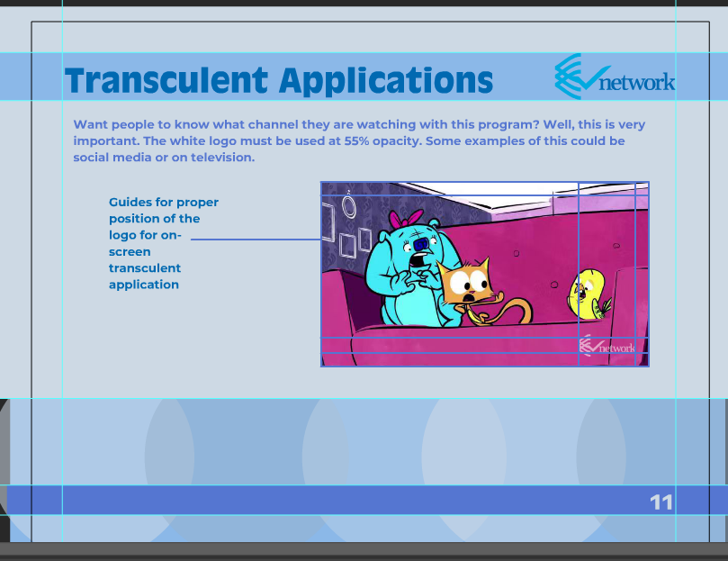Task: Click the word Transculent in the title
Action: coord(166,80)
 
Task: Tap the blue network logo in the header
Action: coord(615,77)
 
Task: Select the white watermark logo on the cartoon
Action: coord(607,346)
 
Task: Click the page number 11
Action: coord(661,502)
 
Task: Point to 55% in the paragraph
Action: coord(356,140)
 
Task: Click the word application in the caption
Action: coord(144,285)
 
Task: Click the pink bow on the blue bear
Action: coord(406,218)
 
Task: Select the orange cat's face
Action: coord(465,283)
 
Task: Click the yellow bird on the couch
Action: coord(588,294)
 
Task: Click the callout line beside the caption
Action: coord(256,240)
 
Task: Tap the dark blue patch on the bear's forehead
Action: coord(421,243)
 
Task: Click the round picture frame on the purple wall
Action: coord(348,207)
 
